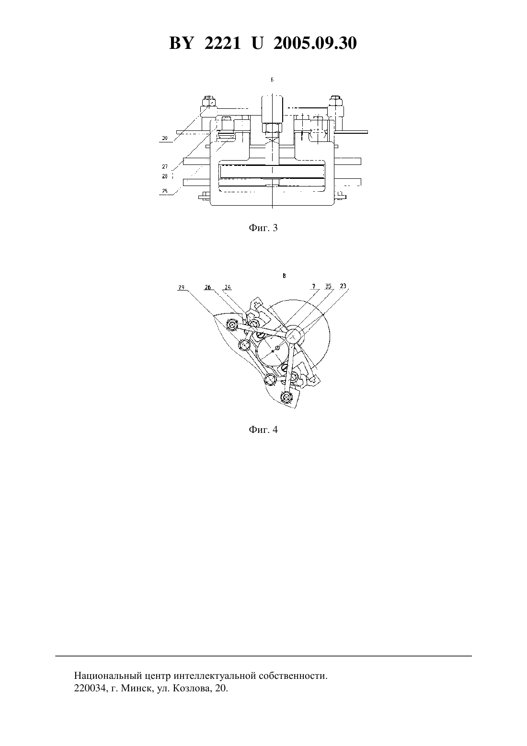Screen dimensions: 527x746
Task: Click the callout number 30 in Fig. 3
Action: [x=165, y=138]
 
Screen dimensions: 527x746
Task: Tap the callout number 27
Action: [x=165, y=166]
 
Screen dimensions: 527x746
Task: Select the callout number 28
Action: [x=165, y=176]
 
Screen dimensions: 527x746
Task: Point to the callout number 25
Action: [x=165, y=191]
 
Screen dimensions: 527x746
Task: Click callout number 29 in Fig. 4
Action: [x=181, y=287]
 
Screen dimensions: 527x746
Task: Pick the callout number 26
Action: [x=207, y=287]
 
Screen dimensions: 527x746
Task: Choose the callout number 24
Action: [x=228, y=287]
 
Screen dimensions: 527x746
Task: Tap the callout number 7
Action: [x=314, y=286]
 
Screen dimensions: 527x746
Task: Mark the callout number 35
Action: [x=328, y=286]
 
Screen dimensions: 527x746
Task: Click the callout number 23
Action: [x=343, y=286]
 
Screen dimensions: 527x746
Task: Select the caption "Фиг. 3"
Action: [x=263, y=228]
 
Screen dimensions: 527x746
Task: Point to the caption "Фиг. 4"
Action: [x=263, y=430]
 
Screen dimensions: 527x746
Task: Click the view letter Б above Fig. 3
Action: [x=272, y=80]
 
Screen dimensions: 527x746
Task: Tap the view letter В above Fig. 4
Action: [x=284, y=276]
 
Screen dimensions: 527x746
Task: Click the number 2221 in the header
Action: [x=222, y=43]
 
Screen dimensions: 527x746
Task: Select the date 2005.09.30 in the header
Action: [x=315, y=43]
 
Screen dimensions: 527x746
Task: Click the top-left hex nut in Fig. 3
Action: [x=209, y=100]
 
